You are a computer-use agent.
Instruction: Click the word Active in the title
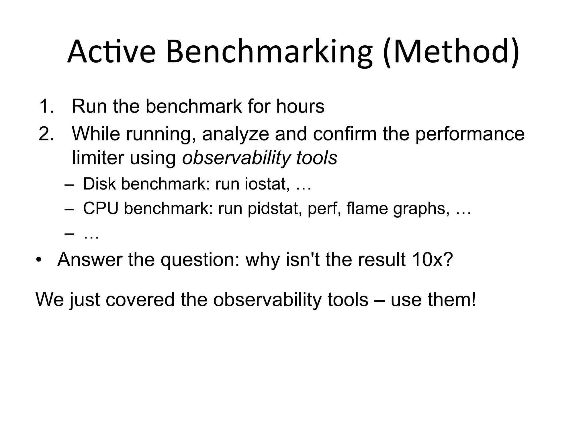click(x=111, y=52)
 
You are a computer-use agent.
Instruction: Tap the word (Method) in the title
click(x=451, y=52)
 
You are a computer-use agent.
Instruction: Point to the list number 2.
click(x=46, y=134)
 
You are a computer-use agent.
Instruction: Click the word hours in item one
click(x=300, y=106)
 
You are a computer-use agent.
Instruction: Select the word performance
click(x=470, y=134)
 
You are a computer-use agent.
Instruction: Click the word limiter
click(x=98, y=158)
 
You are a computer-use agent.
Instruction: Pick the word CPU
click(x=101, y=208)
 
